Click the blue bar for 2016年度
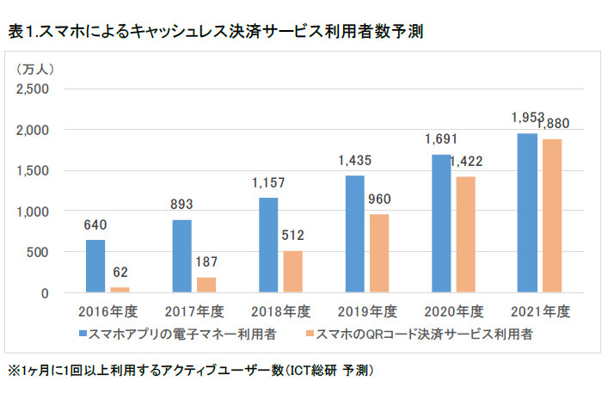pos(95,267)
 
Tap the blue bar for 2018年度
pos(268,245)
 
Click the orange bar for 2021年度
pos(553,216)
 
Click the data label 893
pos(183,205)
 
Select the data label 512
pos(292,236)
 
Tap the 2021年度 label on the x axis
pos(539,311)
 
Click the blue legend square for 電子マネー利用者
pos(83,332)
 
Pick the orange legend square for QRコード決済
pos(311,332)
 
